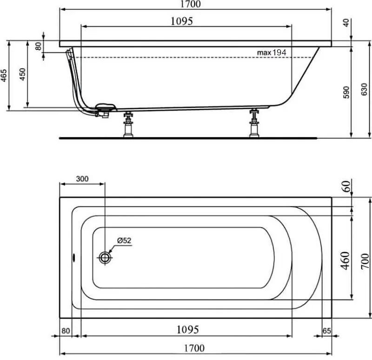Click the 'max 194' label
coord(272,53)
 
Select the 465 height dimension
coord(4,75)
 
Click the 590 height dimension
coord(345,92)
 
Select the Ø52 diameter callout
coord(124,240)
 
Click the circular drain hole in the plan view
coord(106,257)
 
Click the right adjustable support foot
coord(254,124)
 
